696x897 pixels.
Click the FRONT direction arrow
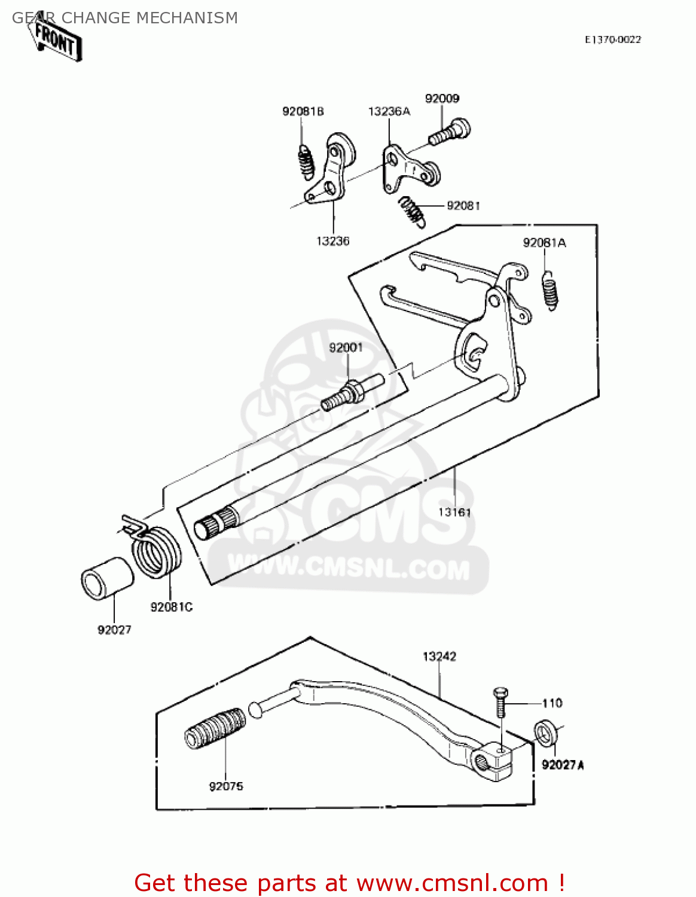(x=56, y=41)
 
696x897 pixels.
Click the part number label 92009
(x=442, y=99)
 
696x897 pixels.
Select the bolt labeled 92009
(x=450, y=132)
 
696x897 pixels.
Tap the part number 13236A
(x=389, y=111)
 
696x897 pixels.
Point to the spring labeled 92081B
(x=306, y=162)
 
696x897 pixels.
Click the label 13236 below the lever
(x=332, y=241)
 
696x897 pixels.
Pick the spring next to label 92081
(x=413, y=212)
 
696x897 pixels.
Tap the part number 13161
(x=454, y=512)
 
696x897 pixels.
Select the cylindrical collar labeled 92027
(x=107, y=578)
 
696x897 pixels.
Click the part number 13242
(x=439, y=657)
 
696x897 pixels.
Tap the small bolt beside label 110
(x=500, y=702)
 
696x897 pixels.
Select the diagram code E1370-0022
(x=612, y=39)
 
